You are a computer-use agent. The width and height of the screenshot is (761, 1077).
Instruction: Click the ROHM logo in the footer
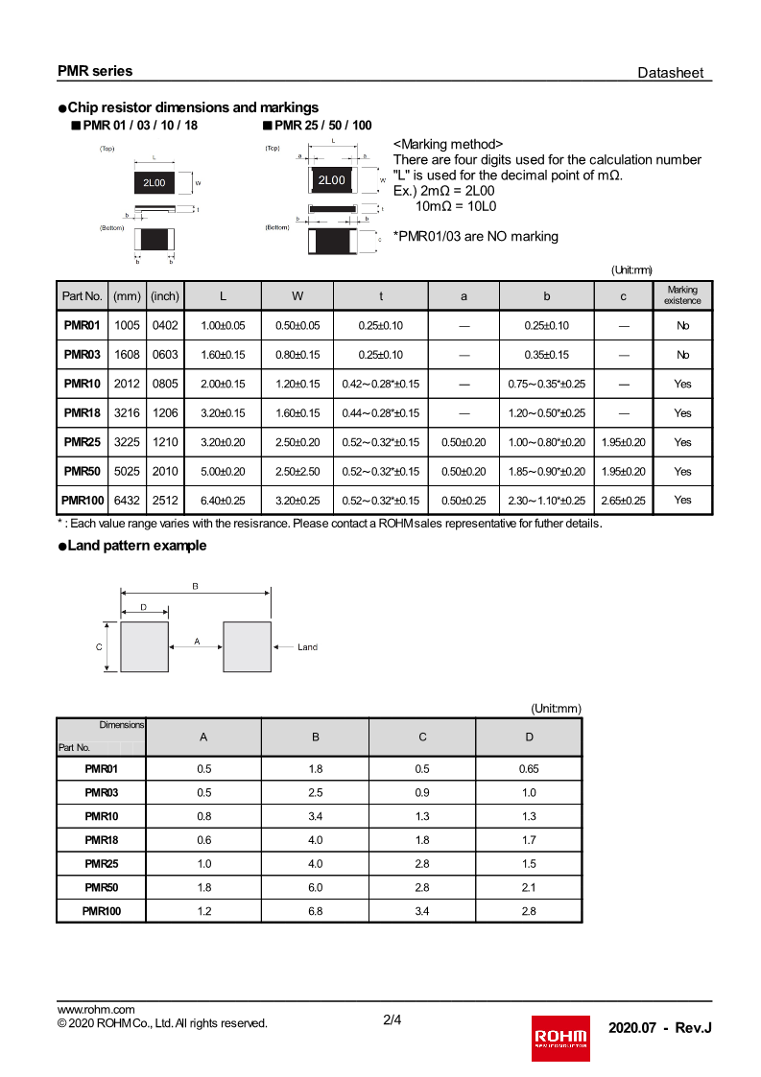click(x=560, y=1037)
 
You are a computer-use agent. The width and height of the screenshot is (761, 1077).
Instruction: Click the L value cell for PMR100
click(x=223, y=501)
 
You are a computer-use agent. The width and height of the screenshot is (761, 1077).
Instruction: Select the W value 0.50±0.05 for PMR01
click(x=297, y=326)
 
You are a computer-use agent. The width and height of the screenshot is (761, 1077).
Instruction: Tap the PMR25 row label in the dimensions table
click(x=82, y=442)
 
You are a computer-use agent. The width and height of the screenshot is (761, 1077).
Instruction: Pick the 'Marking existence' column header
click(x=682, y=295)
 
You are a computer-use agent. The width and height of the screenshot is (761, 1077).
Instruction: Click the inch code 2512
click(x=165, y=501)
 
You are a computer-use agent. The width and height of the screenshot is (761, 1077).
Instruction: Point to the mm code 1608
click(x=127, y=355)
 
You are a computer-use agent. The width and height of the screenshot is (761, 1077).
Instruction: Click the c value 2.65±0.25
click(x=623, y=501)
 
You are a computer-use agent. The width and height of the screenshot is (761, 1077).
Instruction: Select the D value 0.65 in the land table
click(x=528, y=769)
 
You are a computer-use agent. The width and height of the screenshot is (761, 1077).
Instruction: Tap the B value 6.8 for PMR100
click(x=315, y=911)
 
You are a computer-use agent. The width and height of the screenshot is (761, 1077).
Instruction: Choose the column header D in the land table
click(x=528, y=737)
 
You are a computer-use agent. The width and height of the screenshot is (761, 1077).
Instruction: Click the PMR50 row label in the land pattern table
click(x=101, y=888)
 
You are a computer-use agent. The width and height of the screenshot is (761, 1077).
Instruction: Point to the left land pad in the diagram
click(x=144, y=646)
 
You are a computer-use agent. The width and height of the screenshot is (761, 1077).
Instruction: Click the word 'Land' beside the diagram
click(x=307, y=647)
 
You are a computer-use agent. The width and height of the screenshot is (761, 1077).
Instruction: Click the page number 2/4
click(x=392, y=1020)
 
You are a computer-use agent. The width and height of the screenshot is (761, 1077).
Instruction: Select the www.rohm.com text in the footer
click(x=96, y=1009)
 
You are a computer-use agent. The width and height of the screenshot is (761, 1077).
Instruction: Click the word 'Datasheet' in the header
click(x=670, y=73)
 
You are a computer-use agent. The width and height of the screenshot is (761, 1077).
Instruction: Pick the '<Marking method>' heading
click(x=448, y=144)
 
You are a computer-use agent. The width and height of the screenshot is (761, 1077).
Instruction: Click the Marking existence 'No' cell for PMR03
click(x=682, y=355)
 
